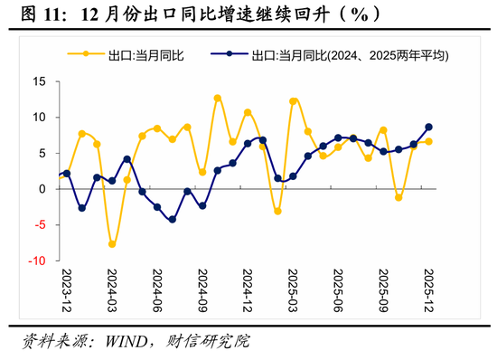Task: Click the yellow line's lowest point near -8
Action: click(112, 244)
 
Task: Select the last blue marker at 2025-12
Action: click(428, 128)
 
